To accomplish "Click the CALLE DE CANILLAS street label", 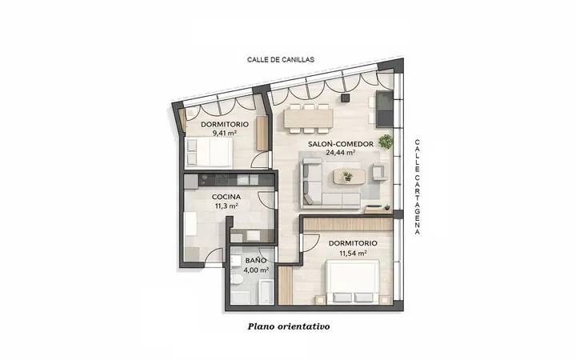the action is click(x=281, y=59).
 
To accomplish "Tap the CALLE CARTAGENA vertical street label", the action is click(x=418, y=186).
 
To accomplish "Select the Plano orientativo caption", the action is click(x=289, y=326).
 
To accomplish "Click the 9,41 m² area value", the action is click(x=225, y=133).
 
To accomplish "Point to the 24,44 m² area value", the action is click(x=341, y=153).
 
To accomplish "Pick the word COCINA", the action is click(x=226, y=198).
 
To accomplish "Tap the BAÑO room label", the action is click(x=256, y=260).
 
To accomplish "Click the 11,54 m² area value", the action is click(x=353, y=253).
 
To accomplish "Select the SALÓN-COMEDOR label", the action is click(x=341, y=144).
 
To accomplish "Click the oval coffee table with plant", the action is click(x=349, y=176).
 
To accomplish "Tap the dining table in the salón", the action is click(x=309, y=118).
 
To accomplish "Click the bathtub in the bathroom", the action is click(x=266, y=292).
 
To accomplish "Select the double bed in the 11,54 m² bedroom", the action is click(x=353, y=282).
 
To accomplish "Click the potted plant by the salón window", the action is click(x=386, y=142).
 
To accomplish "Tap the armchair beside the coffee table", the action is click(x=380, y=172).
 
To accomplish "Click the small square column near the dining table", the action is click(x=345, y=98).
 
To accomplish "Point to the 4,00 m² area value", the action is click(x=256, y=270).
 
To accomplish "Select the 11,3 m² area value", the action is click(x=226, y=206).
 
